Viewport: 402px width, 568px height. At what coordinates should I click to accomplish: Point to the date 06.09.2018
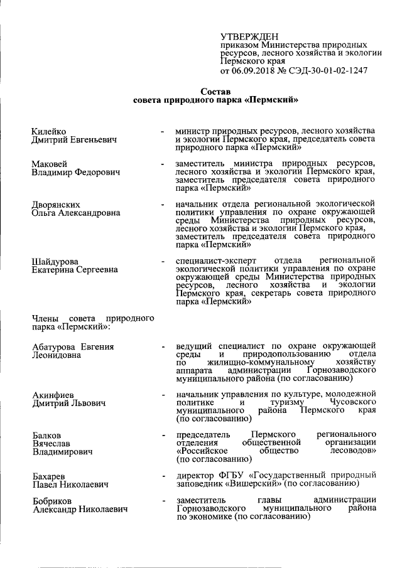(254, 71)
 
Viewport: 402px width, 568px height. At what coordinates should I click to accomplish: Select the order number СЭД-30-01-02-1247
(329, 71)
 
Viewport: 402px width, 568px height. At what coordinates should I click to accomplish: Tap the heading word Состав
(215, 91)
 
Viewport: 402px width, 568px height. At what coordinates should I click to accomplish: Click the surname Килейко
(49, 131)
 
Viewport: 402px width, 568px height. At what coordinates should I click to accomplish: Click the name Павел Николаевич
(70, 484)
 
